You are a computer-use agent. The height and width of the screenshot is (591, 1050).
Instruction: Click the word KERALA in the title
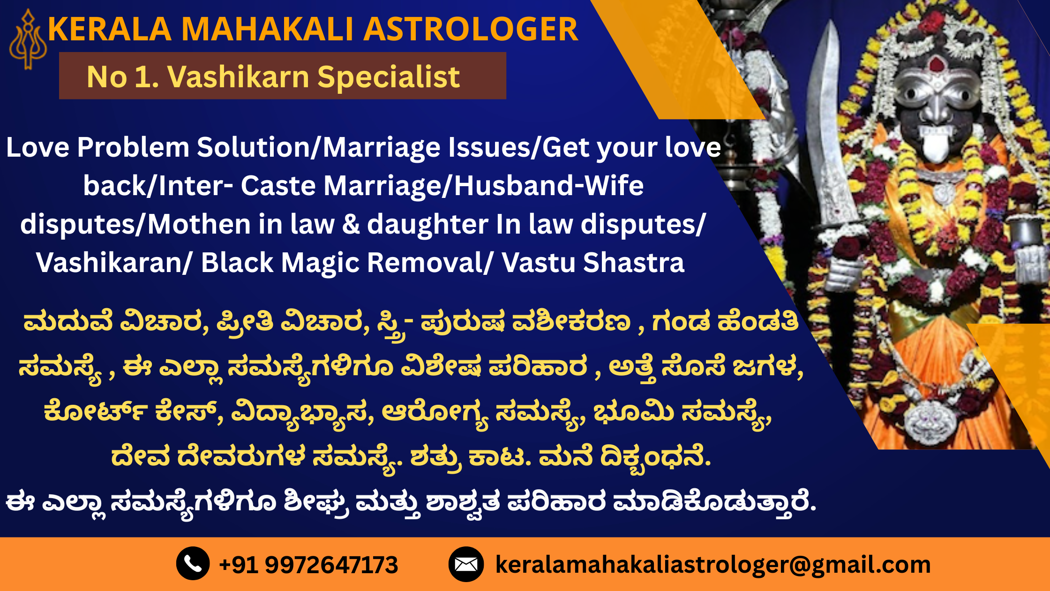click(110, 29)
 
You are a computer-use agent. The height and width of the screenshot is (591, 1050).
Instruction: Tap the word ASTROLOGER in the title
click(471, 29)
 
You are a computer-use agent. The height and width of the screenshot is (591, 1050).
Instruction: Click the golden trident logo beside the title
click(28, 39)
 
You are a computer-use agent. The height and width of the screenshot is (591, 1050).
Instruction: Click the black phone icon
click(193, 563)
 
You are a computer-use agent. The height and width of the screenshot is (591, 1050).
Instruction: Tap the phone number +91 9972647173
click(308, 564)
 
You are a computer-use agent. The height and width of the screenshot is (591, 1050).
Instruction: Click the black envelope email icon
click(466, 564)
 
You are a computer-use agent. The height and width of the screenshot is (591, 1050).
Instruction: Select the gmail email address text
click(713, 565)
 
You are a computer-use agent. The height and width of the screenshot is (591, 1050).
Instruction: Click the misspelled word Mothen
click(199, 224)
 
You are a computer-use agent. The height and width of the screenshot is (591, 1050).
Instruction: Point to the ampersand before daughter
click(351, 224)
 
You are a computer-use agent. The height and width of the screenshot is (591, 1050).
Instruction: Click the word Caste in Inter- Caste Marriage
click(278, 186)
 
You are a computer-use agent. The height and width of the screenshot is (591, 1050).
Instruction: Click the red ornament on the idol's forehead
click(936, 64)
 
